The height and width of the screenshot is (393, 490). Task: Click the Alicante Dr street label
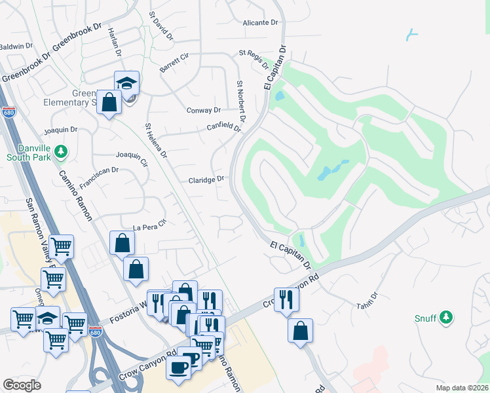(x=260, y=22)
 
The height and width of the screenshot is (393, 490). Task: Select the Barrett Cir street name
(x=174, y=64)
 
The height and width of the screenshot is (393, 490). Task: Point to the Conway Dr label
(x=204, y=110)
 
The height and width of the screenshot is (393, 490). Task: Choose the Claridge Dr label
(x=206, y=179)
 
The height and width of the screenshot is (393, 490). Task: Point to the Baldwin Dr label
(x=16, y=46)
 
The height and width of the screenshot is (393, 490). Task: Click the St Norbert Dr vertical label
(x=240, y=102)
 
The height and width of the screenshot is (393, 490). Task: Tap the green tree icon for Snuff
(x=446, y=317)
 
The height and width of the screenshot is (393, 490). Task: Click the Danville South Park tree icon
(x=61, y=152)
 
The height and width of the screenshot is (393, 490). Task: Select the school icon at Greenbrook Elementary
(x=126, y=83)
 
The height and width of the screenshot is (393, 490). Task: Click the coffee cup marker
(x=178, y=366)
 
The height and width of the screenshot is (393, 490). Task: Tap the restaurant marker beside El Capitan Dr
(x=286, y=299)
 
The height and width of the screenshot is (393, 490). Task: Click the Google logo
(x=22, y=385)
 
